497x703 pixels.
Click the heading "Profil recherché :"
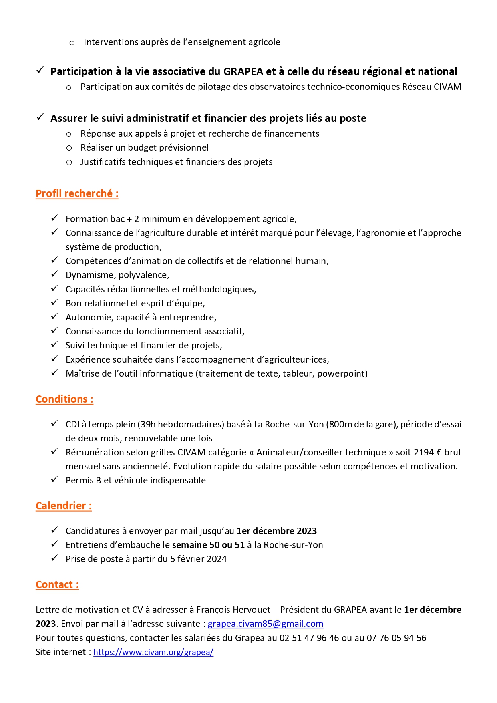click(77, 194)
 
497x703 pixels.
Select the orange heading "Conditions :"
click(64, 399)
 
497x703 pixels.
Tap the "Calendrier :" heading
click(64, 506)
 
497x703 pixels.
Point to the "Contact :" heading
click(57, 585)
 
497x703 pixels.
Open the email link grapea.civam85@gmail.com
click(265, 624)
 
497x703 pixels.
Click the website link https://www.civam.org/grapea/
click(153, 652)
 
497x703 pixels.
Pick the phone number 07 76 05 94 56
click(396, 638)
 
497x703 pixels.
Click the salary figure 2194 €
click(428, 453)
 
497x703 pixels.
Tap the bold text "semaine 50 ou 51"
click(208, 545)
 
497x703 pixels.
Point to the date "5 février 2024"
click(198, 559)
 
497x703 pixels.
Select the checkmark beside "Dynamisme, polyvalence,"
click(54, 274)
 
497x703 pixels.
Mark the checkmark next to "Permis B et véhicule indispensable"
click(54, 480)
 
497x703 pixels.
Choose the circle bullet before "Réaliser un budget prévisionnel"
click(69, 148)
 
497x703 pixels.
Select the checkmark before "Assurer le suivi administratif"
click(40, 117)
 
